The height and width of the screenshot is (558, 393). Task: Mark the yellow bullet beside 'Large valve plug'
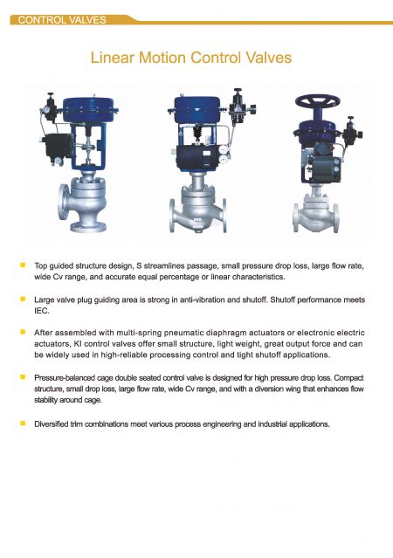(x=24, y=299)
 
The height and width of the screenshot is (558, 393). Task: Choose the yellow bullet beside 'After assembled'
(x=24, y=332)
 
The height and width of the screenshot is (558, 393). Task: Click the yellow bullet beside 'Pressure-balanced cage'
(x=24, y=377)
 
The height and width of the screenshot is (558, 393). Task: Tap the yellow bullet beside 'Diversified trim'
(x=24, y=424)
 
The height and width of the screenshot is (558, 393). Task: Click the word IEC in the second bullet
(x=42, y=311)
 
